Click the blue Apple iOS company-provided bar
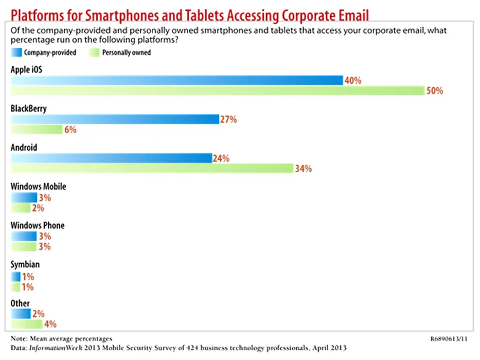pyautogui.click(x=176, y=80)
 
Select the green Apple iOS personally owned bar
pyautogui.click(x=218, y=91)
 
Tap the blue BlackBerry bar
pyautogui.click(x=115, y=119)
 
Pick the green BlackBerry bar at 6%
pyautogui.click(x=37, y=130)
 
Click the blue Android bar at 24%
pyautogui.click(x=111, y=158)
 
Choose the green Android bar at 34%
pyautogui.click(x=152, y=168)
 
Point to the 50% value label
pyautogui.click(x=434, y=91)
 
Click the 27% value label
pyautogui.click(x=228, y=119)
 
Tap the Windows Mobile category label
pyautogui.click(x=38, y=186)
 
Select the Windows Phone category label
pyautogui.click(x=38, y=225)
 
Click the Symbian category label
pyautogui.click(x=25, y=264)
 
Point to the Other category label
pyautogui.click(x=20, y=303)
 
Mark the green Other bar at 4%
pyautogui.click(x=27, y=324)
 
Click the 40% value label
pyautogui.click(x=353, y=80)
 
